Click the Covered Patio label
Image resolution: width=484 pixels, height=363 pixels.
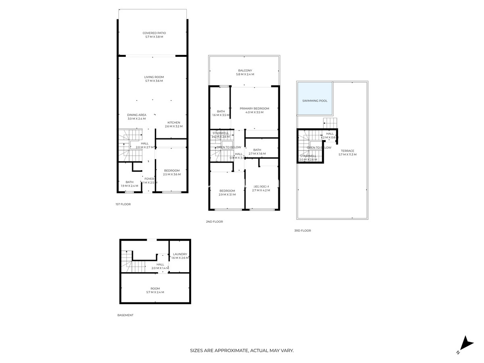154,33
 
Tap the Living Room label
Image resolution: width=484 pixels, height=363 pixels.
154,77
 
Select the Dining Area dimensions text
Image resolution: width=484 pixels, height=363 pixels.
137,119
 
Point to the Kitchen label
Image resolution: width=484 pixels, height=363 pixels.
174,123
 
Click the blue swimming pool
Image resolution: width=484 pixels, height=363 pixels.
315,98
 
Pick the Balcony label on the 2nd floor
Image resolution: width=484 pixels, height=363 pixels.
245,71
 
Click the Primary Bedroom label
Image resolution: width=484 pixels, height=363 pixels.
254,108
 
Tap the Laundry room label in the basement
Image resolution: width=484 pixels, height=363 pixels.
179,254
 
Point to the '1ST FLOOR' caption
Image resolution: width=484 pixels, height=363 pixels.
123,204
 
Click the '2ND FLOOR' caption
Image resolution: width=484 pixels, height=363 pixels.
214,222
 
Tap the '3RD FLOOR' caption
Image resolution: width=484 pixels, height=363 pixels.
302,231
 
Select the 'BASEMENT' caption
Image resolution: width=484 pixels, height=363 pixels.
125,315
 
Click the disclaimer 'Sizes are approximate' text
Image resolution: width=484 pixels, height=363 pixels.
242,351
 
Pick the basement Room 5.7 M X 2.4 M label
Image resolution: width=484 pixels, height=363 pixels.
155,290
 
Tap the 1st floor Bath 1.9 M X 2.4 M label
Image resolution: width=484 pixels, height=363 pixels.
129,184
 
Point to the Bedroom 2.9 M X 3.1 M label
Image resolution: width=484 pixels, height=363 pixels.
227,193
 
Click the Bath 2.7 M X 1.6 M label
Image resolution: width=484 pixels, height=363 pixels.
257,152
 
